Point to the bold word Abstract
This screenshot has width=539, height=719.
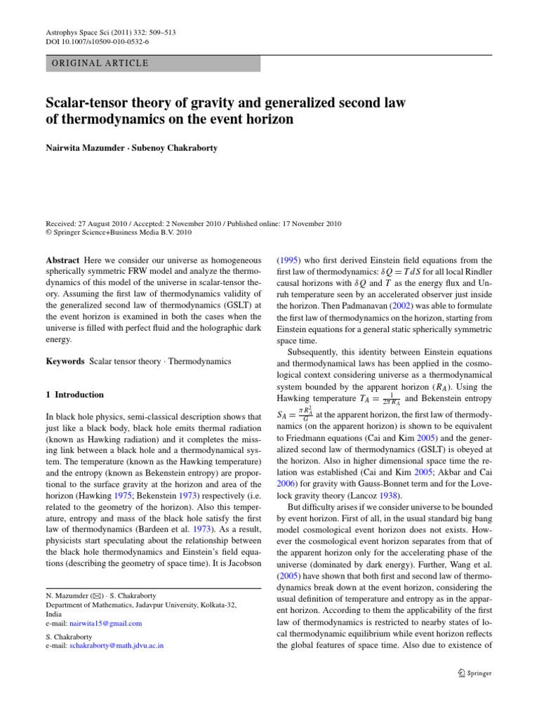click(x=62, y=260)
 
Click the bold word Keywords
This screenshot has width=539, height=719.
click(x=65, y=361)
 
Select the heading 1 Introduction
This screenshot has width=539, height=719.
click(x=74, y=395)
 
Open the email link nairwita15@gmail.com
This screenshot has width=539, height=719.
click(x=109, y=623)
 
